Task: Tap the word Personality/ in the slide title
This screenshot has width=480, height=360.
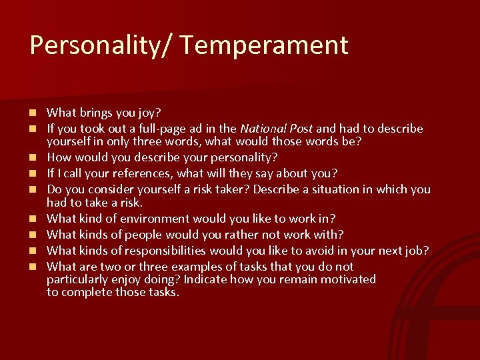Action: pyautogui.click(x=101, y=45)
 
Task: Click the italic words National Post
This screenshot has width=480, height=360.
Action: pyautogui.click(x=276, y=128)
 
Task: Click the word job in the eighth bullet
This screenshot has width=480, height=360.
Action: pyautogui.click(x=416, y=250)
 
